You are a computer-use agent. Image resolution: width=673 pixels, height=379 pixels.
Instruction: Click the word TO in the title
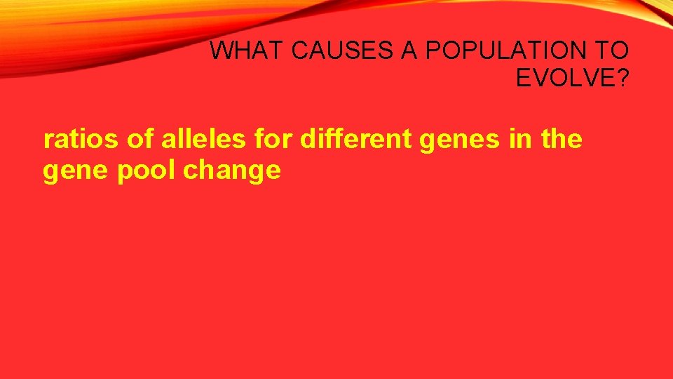(615, 51)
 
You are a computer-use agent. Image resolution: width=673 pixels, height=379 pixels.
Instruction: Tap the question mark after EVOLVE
(622, 78)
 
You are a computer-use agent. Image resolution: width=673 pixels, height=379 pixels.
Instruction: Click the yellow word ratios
(82, 140)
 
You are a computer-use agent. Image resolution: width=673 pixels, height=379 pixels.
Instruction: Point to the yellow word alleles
(204, 140)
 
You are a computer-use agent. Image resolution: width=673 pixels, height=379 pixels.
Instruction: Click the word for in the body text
(274, 140)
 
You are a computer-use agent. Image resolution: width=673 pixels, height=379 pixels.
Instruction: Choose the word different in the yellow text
(357, 140)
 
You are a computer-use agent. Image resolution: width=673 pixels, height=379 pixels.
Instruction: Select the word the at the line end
(562, 140)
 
